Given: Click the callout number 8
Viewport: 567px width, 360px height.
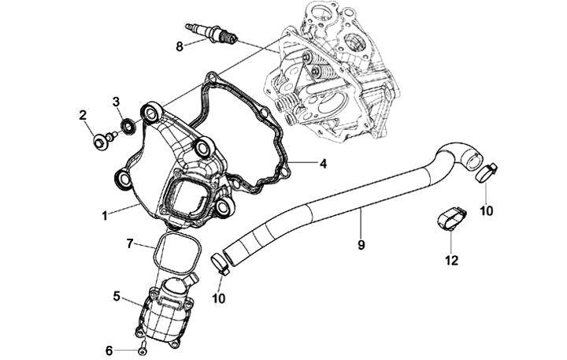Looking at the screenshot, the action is (180, 47).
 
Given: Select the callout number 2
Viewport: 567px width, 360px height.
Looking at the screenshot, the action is (83, 117).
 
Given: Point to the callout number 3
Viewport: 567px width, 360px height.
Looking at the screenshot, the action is (116, 102).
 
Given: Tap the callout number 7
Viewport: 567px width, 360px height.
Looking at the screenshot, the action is (131, 244).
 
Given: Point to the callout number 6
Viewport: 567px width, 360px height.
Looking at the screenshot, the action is (110, 349).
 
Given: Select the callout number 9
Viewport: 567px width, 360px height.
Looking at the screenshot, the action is (361, 245).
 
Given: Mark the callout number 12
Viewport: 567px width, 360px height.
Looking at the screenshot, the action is (450, 260).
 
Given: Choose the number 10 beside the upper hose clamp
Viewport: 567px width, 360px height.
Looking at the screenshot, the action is (487, 210).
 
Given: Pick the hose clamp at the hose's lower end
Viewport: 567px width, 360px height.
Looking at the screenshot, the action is (220, 262).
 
